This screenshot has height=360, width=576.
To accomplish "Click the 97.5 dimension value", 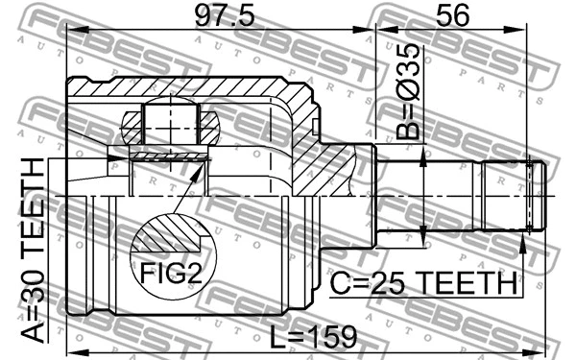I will [217, 16].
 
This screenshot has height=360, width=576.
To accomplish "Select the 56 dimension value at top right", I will [451, 16].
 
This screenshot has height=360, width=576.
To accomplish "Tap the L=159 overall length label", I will [313, 337].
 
